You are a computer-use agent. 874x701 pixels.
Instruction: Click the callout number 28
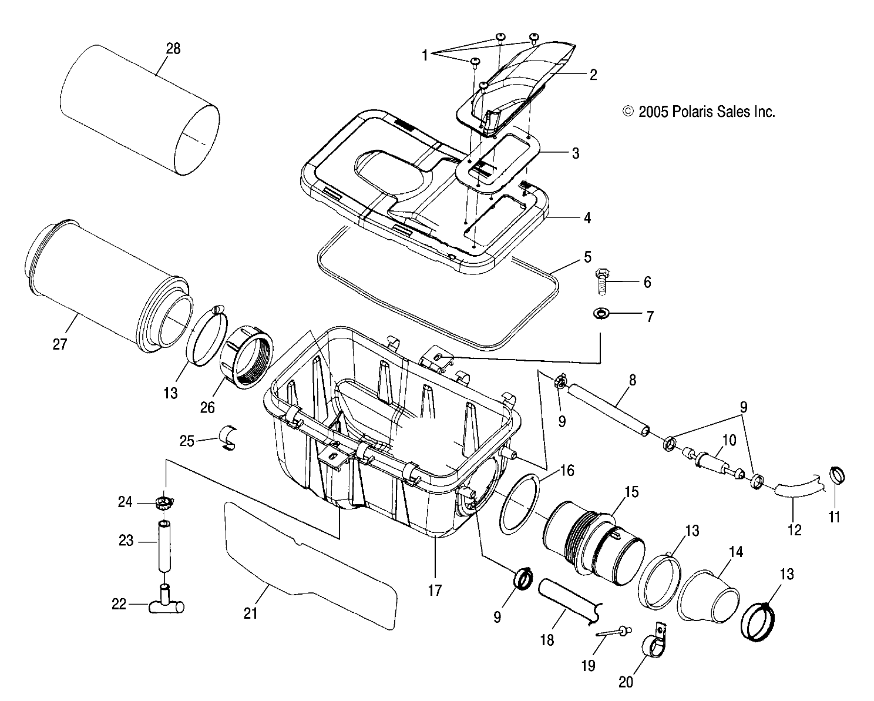click(173, 49)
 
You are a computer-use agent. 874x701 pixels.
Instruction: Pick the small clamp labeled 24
click(165, 503)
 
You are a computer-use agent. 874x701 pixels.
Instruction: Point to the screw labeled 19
click(612, 632)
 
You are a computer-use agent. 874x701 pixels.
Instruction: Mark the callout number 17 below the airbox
click(434, 590)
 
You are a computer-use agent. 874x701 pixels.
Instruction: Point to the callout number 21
click(251, 613)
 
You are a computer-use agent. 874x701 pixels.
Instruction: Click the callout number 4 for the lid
click(587, 218)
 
